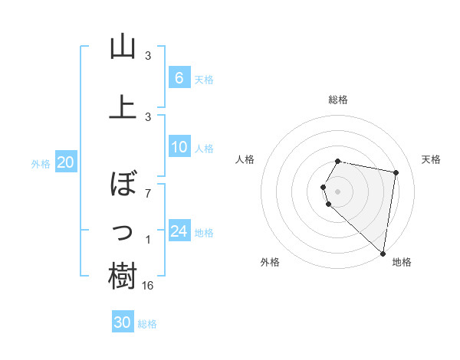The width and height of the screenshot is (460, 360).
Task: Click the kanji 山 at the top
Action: tap(123, 47)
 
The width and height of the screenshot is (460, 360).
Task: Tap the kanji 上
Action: tap(123, 106)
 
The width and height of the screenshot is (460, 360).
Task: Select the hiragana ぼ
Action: tap(123, 183)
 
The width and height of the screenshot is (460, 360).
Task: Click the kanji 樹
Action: tap(123, 276)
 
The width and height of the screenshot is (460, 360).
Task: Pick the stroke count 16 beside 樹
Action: tap(149, 285)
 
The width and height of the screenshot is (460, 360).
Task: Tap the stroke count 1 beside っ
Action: tap(148, 241)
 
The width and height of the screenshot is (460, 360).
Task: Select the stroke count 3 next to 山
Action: tap(148, 56)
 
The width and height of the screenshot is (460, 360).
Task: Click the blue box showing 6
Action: tap(179, 77)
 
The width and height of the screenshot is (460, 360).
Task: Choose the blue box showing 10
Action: tap(179, 148)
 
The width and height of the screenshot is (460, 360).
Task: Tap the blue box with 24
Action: tap(179, 231)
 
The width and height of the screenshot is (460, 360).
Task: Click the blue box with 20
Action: tap(65, 162)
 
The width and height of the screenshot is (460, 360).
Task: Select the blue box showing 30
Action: tap(123, 322)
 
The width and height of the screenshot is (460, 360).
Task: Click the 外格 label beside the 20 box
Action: tap(41, 163)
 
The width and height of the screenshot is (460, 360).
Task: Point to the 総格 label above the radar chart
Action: tap(338, 100)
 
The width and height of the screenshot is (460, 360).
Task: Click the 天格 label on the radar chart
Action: tap(432, 159)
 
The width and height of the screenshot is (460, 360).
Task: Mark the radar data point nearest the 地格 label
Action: tap(383, 253)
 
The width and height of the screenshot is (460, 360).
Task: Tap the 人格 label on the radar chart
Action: tap(245, 159)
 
